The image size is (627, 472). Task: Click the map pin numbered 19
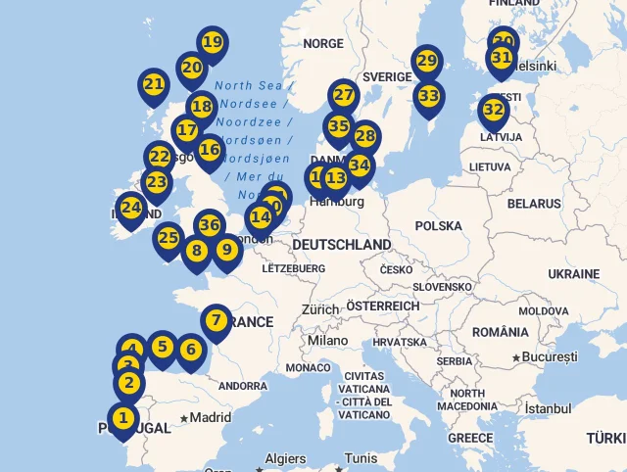click(212, 42)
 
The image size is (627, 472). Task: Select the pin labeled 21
click(154, 84)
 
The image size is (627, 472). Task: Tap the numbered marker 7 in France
click(217, 320)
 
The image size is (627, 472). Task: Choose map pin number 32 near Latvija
click(494, 111)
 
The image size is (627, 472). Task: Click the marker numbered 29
click(426, 62)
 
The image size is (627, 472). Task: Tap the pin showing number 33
click(428, 96)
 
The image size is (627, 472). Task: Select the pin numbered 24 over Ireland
click(130, 208)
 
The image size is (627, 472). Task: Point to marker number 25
click(169, 238)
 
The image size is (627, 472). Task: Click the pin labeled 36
click(209, 225)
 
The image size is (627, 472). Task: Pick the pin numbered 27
click(343, 95)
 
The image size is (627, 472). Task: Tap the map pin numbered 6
click(190, 350)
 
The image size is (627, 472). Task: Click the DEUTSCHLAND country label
click(341, 244)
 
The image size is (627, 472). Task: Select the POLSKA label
click(438, 226)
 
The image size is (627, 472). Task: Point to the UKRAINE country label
click(573, 273)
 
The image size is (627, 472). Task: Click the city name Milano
click(328, 340)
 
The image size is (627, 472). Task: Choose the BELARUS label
click(534, 204)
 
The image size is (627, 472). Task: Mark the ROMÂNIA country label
click(500, 332)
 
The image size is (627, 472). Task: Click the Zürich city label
click(320, 308)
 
